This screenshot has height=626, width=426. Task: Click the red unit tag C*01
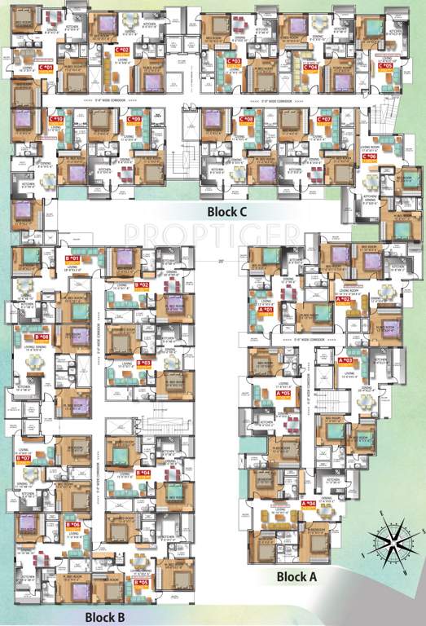point(46,67)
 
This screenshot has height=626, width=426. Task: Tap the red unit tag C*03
point(234,61)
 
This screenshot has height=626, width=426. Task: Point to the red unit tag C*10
point(57,120)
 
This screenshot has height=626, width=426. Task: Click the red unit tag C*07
point(324,120)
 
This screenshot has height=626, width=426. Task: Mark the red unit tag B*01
point(72,258)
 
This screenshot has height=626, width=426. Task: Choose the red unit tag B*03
point(143,362)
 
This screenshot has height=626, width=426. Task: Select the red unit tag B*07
point(23,458)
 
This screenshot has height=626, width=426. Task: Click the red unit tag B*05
point(141,582)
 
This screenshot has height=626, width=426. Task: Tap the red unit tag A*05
point(283,394)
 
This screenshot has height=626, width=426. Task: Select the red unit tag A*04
point(309,504)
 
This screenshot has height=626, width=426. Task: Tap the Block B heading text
point(104,616)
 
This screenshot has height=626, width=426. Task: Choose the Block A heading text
point(296,576)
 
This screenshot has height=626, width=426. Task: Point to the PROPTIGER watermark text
point(213,233)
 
